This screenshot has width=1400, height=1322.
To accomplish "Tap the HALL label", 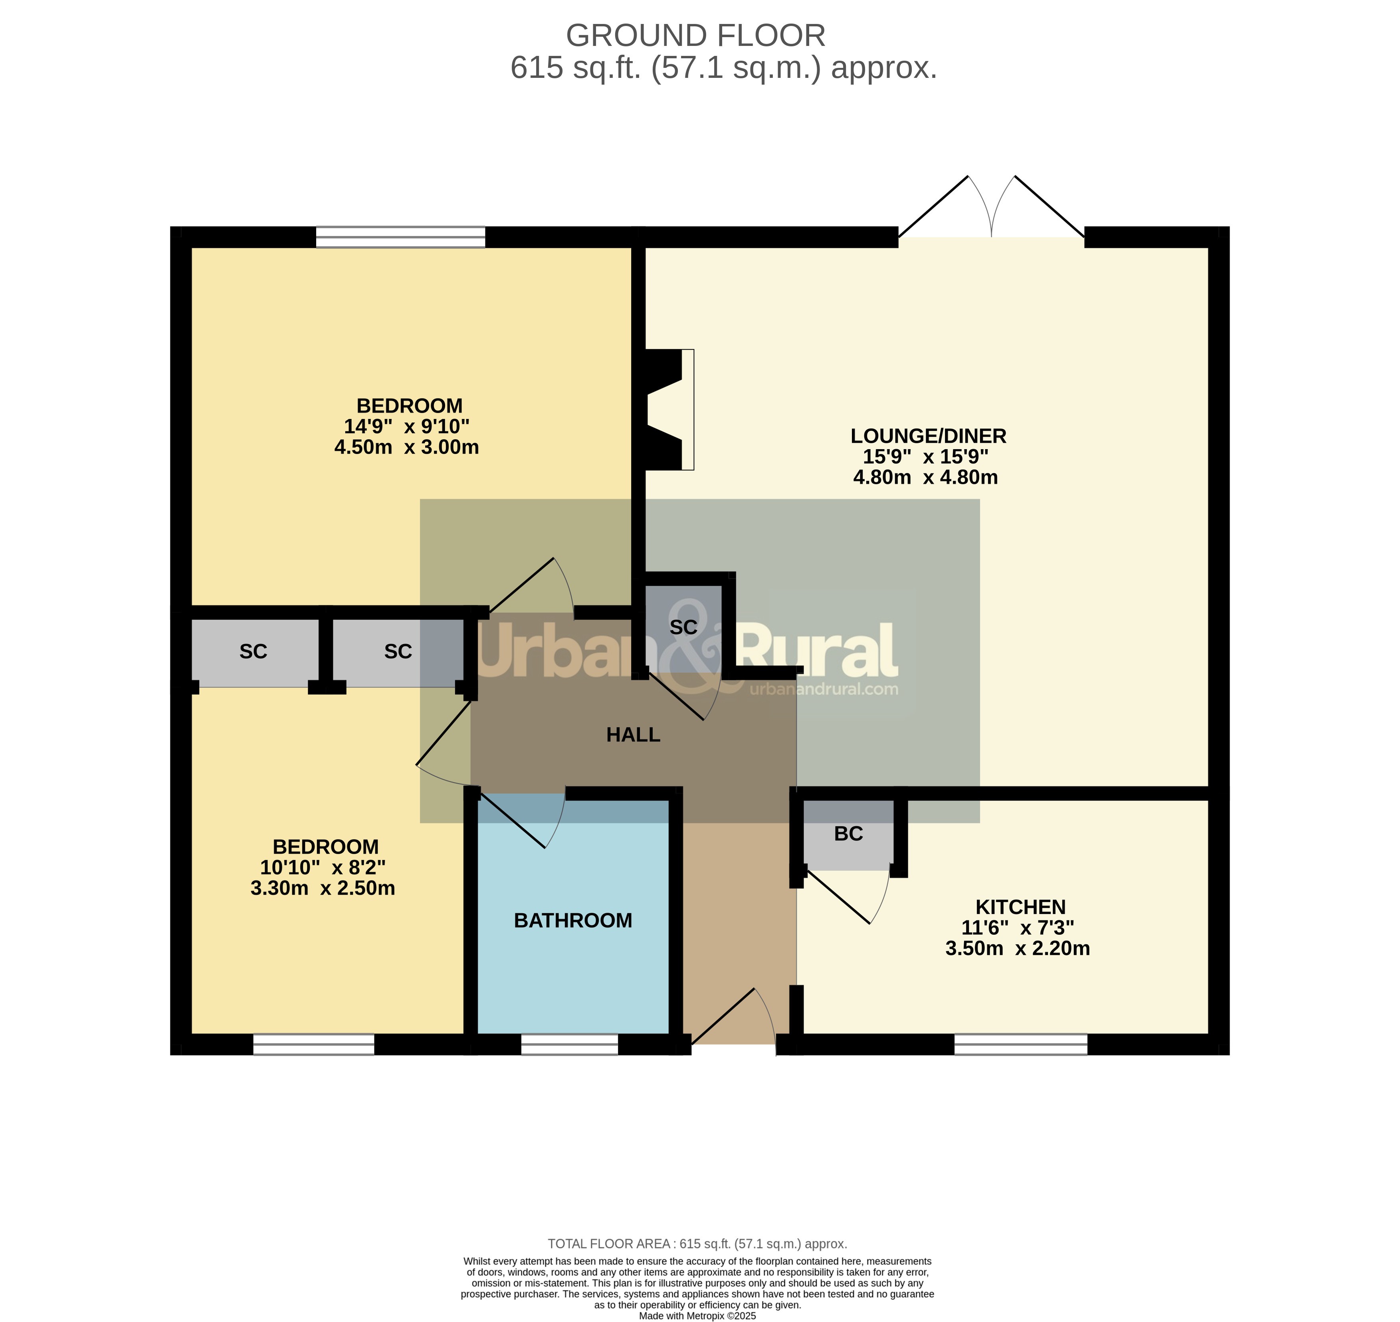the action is [633, 735].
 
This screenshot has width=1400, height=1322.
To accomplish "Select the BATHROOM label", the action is [573, 920].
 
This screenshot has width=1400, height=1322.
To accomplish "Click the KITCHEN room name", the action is [1020, 907].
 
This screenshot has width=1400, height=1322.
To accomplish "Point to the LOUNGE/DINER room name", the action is [928, 436].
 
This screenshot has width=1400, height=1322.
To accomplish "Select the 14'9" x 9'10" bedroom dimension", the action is [406, 426].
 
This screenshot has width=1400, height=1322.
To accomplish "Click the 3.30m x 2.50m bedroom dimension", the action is [323, 888].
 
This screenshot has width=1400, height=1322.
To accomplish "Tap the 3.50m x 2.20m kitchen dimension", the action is [1018, 949].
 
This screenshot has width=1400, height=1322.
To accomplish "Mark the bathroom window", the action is [569, 1045].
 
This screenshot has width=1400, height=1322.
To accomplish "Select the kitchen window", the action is [1021, 1045].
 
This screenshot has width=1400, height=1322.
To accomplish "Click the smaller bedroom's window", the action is [313, 1045].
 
